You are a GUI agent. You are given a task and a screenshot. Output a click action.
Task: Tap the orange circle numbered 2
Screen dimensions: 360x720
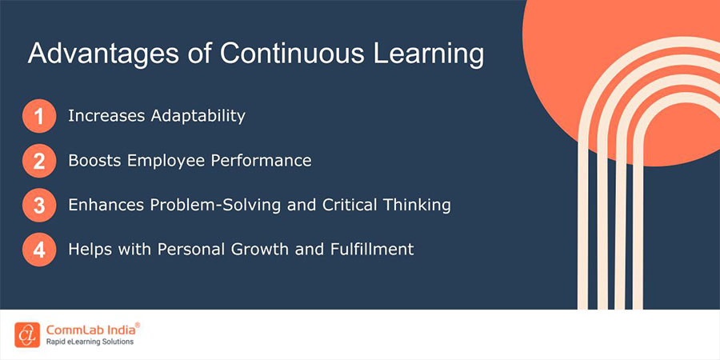[39, 161]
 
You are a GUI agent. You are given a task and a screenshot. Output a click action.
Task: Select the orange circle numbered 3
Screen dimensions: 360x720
[39, 205]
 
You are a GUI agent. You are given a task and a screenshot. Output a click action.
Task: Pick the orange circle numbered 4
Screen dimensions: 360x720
[39, 249]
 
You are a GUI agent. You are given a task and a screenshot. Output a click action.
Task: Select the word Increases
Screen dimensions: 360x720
[104, 116]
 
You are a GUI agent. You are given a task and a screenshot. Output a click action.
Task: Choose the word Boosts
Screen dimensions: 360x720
[94, 160]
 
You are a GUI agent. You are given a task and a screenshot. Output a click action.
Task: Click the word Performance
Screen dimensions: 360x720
[259, 160]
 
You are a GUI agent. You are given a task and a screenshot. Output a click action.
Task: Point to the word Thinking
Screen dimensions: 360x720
[416, 205]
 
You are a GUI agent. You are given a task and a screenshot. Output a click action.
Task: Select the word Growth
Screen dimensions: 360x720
[294, 249]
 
